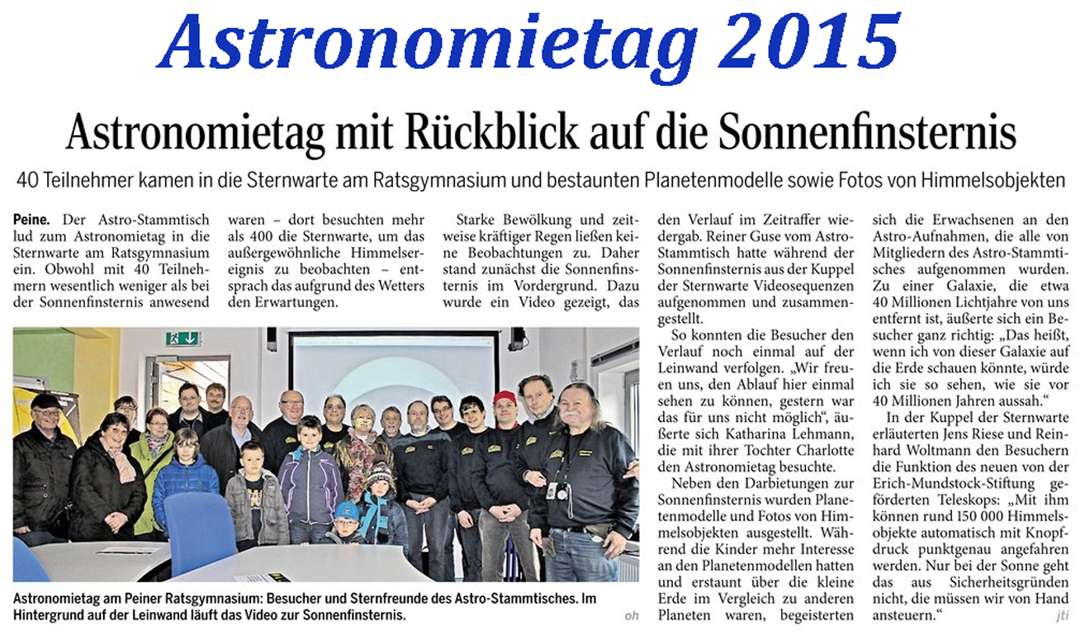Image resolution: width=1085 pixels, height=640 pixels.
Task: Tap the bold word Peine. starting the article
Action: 31,220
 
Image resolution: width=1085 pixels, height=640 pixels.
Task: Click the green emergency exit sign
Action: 182,338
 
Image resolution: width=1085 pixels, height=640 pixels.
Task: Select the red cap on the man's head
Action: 504,398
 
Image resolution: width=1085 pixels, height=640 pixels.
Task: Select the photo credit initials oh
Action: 633,615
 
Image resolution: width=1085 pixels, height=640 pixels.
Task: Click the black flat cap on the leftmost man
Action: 45,401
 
